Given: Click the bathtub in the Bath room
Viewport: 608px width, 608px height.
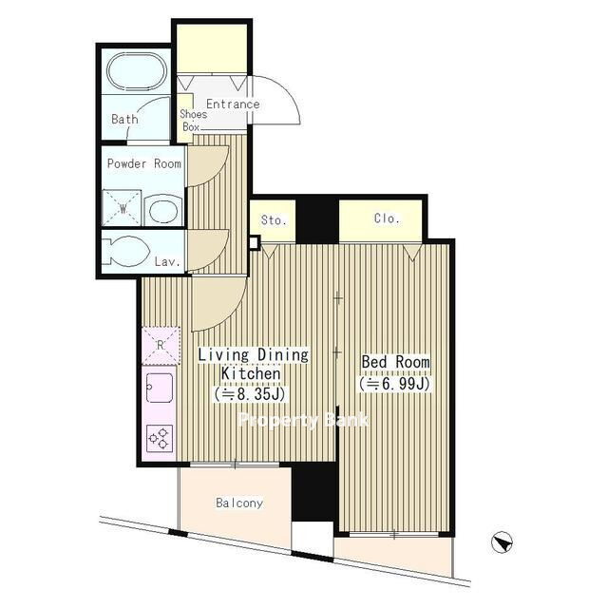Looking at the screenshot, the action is [x=137, y=71].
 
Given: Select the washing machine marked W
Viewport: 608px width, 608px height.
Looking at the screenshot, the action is [x=122, y=208].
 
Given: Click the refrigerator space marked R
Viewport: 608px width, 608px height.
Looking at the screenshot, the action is [x=161, y=346].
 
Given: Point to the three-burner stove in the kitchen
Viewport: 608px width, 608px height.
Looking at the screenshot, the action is [x=160, y=438].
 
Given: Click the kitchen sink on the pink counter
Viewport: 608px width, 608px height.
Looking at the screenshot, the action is [x=160, y=388].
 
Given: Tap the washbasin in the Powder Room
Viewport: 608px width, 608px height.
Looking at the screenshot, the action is [x=163, y=210].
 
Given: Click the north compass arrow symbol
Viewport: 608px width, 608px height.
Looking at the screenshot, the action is [x=502, y=541].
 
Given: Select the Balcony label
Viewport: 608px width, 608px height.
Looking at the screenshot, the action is [x=239, y=503].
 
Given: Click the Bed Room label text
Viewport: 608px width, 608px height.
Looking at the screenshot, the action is [x=395, y=362].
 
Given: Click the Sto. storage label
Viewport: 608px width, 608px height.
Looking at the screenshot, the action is [x=274, y=220].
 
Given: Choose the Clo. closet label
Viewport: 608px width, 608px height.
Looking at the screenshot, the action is [x=387, y=218].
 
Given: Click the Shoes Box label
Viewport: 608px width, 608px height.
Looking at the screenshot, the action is [x=193, y=121].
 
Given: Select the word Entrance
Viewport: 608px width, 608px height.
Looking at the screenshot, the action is [x=233, y=104].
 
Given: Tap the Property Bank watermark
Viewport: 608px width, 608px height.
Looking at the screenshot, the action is [x=304, y=420].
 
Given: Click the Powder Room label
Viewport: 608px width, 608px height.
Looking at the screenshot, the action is [x=143, y=163].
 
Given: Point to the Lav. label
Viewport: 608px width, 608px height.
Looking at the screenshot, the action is [x=167, y=262].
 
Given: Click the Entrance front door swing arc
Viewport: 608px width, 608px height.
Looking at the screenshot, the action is [x=287, y=92].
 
